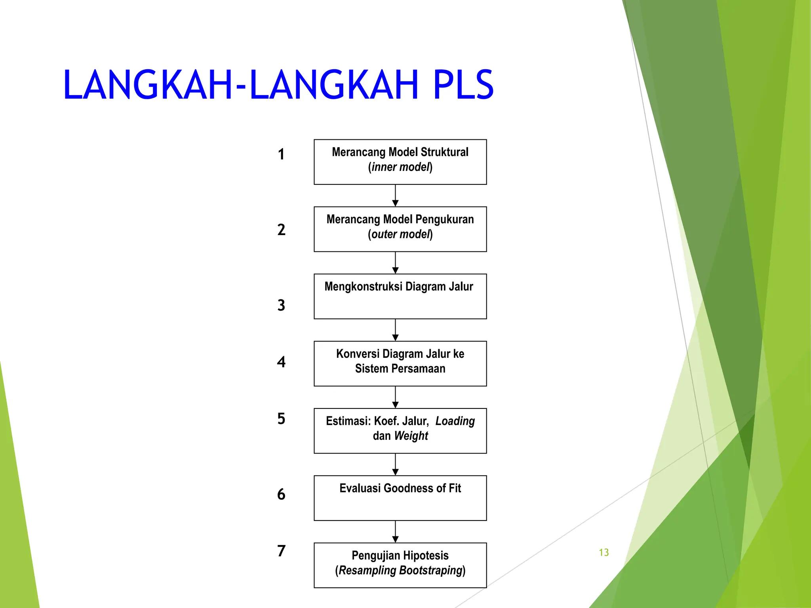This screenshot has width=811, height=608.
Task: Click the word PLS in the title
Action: coord(463,85)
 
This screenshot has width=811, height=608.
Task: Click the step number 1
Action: coord(281,154)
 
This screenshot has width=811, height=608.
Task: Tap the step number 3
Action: coord(281,305)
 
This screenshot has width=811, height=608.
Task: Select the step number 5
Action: coord(281,419)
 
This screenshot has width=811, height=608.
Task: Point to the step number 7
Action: coord(281,551)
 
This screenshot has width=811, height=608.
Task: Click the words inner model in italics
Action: coord(400,167)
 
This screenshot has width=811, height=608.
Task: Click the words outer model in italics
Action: coord(400,234)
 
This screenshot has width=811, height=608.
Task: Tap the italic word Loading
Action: coord(455,421)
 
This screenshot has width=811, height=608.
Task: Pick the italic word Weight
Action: coord(411,436)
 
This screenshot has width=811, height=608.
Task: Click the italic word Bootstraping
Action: coord(431,570)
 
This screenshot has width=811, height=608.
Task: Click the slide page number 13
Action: coord(603,553)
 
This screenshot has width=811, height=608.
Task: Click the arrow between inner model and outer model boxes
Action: coord(395,196)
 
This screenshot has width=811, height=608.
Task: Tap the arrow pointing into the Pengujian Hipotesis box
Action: coord(395,532)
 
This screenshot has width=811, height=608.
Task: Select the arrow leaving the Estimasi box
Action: coord(395,464)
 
